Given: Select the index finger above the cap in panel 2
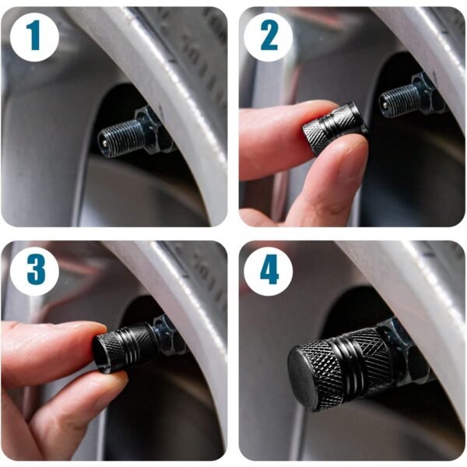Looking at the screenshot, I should click(280, 128).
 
